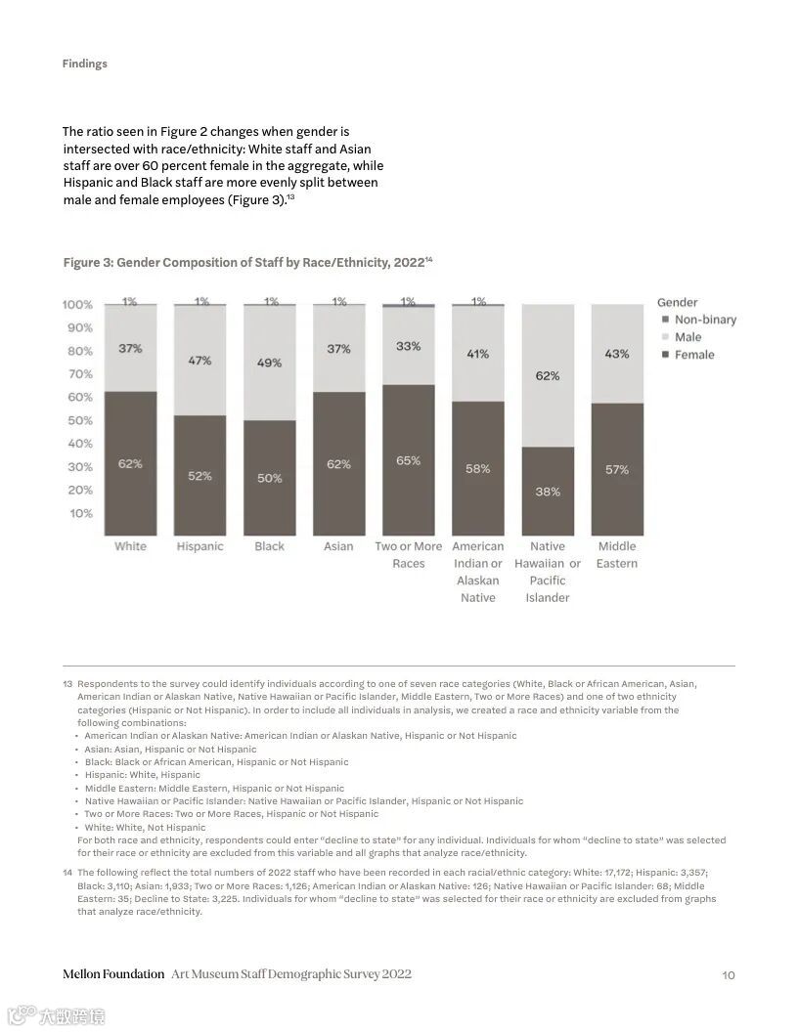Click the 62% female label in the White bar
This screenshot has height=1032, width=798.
130,464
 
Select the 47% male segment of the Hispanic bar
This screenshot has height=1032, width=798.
199,361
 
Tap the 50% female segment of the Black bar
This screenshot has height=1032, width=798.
269,478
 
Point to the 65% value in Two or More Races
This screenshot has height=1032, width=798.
408,460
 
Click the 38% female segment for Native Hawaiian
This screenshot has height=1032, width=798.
548,492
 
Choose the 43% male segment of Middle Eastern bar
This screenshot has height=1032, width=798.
617,354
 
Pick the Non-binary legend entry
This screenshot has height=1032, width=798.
704,320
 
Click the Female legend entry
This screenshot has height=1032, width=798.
694,355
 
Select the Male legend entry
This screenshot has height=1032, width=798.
687,337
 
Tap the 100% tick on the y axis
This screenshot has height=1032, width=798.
78,305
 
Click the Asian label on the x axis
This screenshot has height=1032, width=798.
338,546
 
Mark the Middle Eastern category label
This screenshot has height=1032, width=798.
617,554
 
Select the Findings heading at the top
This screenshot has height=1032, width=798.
85,64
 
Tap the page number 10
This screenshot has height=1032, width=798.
728,974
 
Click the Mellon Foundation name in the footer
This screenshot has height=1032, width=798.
113,974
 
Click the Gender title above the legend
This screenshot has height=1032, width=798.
678,303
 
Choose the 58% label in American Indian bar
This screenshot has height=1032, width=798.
478,469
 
